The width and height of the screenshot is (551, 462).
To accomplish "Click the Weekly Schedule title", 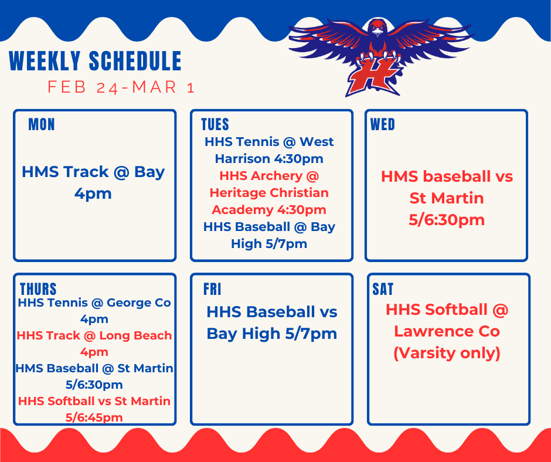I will [96, 62].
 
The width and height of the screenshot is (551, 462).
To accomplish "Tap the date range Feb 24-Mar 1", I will [121, 87].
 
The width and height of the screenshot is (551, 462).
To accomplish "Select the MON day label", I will [42, 124].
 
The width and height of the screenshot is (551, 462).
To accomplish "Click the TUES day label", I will [215, 124].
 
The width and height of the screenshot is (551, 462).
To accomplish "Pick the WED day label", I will [383, 124].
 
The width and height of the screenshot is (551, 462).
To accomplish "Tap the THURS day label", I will [39, 289].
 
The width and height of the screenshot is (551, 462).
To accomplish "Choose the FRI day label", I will [212, 289].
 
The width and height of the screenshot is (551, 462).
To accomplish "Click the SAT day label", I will [383, 289].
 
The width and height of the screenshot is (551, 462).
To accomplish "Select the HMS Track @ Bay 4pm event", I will [94, 182].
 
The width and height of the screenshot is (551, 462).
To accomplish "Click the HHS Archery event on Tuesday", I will [269, 192].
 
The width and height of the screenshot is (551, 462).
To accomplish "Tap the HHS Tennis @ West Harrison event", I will [269, 150].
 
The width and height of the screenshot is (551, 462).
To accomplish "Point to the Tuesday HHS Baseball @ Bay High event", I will [269, 235].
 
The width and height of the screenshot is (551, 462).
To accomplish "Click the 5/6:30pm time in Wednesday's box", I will [447, 220].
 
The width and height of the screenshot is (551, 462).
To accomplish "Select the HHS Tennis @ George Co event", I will [94, 311].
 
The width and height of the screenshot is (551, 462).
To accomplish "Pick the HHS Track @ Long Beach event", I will [94, 344].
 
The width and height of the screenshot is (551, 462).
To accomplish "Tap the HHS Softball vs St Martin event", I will [94, 409].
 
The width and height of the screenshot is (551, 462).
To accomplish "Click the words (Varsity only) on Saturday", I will [447, 354].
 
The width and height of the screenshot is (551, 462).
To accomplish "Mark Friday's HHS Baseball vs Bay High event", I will [272, 322].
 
